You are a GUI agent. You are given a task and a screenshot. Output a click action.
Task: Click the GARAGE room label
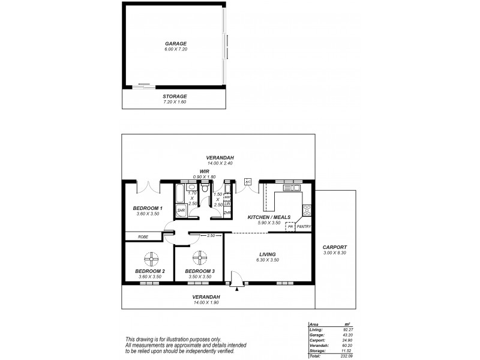point(176,44)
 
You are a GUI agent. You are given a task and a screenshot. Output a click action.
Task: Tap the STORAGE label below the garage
point(175,96)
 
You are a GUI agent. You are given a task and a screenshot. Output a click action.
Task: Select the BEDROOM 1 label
point(146,208)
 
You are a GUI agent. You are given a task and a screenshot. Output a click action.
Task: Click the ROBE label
point(143,237)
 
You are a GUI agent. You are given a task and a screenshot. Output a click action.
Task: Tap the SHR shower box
point(181,211)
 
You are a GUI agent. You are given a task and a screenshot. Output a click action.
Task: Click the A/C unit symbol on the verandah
point(247,182)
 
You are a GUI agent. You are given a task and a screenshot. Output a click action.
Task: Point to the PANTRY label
point(303,227)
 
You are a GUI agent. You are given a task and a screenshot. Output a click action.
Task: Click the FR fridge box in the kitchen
point(290,227)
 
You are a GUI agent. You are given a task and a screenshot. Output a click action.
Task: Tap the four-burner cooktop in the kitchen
point(307,210)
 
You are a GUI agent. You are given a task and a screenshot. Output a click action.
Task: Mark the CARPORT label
point(335,247)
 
